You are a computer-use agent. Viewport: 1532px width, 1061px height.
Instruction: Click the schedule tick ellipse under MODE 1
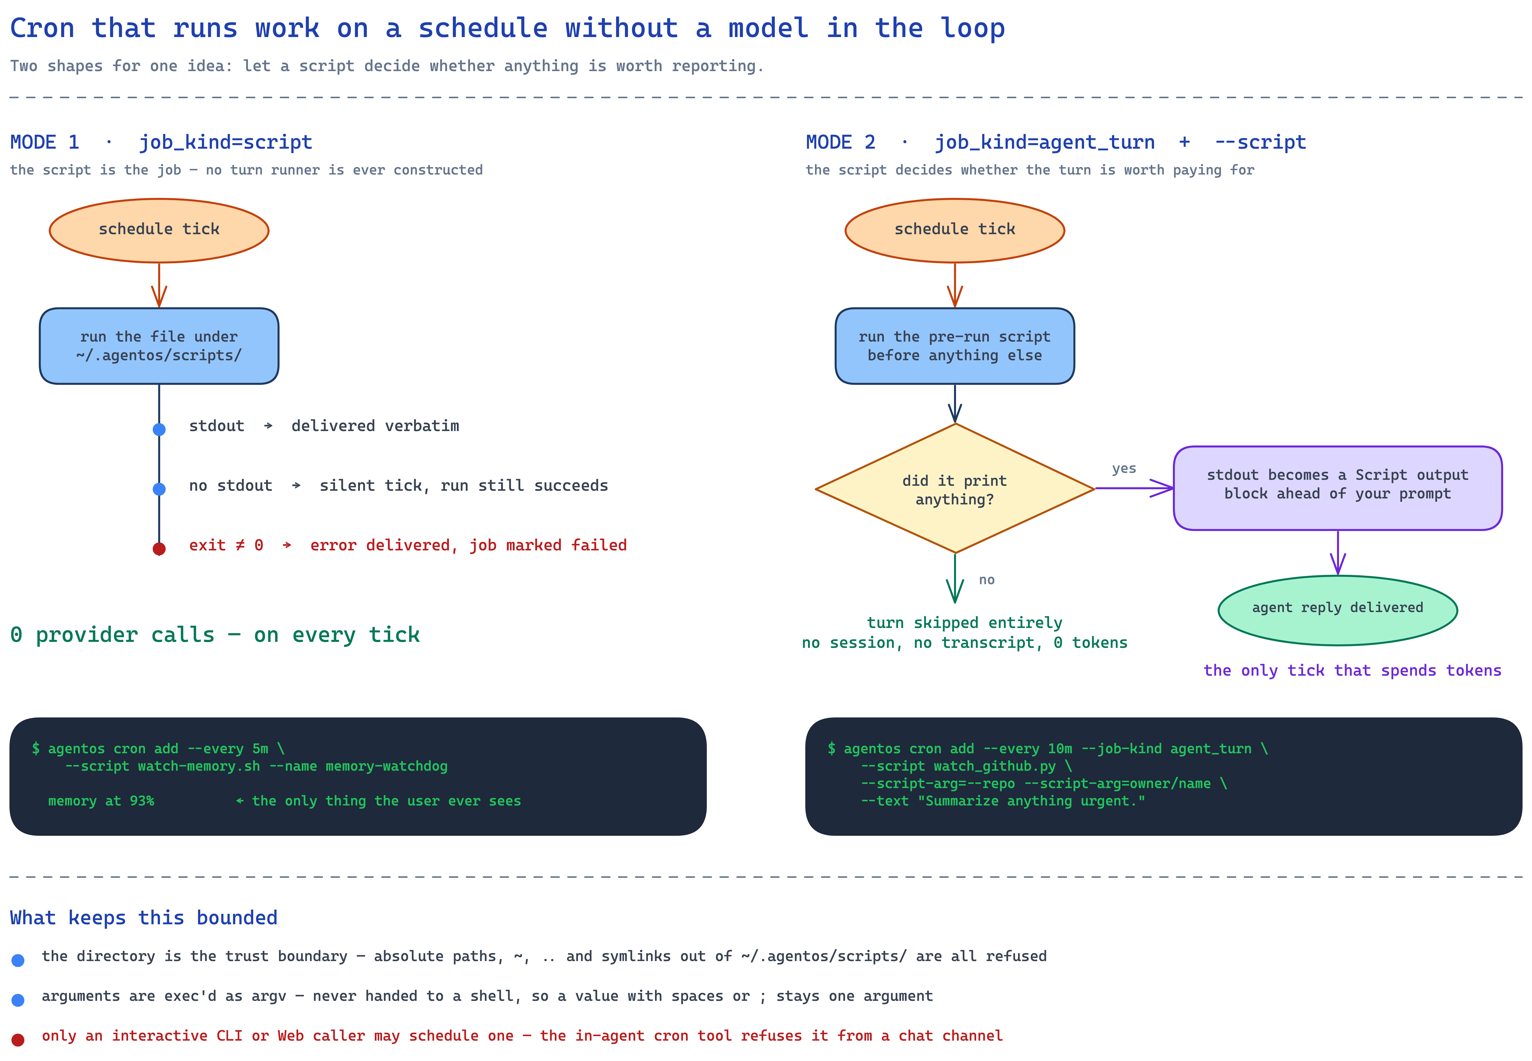pos(159,230)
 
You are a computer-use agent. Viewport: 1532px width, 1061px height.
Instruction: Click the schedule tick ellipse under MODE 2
pos(955,230)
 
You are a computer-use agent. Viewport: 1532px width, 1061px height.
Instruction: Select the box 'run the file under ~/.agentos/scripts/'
pos(159,346)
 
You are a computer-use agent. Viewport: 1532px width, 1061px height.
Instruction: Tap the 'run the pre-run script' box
pos(955,346)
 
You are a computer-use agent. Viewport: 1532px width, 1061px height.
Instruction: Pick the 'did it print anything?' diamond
pos(955,489)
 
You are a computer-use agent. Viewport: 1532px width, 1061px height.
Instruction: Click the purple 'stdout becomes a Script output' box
pos(1338,488)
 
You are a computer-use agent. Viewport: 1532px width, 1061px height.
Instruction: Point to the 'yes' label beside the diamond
pos(1124,469)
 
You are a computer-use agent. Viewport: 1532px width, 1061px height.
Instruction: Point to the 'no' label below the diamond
pos(987,580)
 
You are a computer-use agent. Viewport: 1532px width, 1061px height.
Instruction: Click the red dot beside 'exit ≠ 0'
pos(159,548)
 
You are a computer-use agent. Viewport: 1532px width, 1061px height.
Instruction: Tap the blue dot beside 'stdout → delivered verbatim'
pos(159,430)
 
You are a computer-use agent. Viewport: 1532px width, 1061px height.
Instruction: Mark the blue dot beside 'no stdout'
pos(159,489)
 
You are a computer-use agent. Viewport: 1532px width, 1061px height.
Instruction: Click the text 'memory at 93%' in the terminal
pos(101,801)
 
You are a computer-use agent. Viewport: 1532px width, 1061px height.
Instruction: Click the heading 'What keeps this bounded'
pos(144,918)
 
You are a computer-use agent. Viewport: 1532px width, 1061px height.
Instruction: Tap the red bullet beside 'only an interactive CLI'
pos(18,1040)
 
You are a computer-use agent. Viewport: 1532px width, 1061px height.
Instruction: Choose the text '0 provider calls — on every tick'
pos(215,635)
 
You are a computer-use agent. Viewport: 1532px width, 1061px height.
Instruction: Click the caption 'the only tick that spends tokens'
pos(1352,671)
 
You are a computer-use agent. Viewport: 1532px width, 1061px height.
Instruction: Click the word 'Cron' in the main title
pos(42,29)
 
